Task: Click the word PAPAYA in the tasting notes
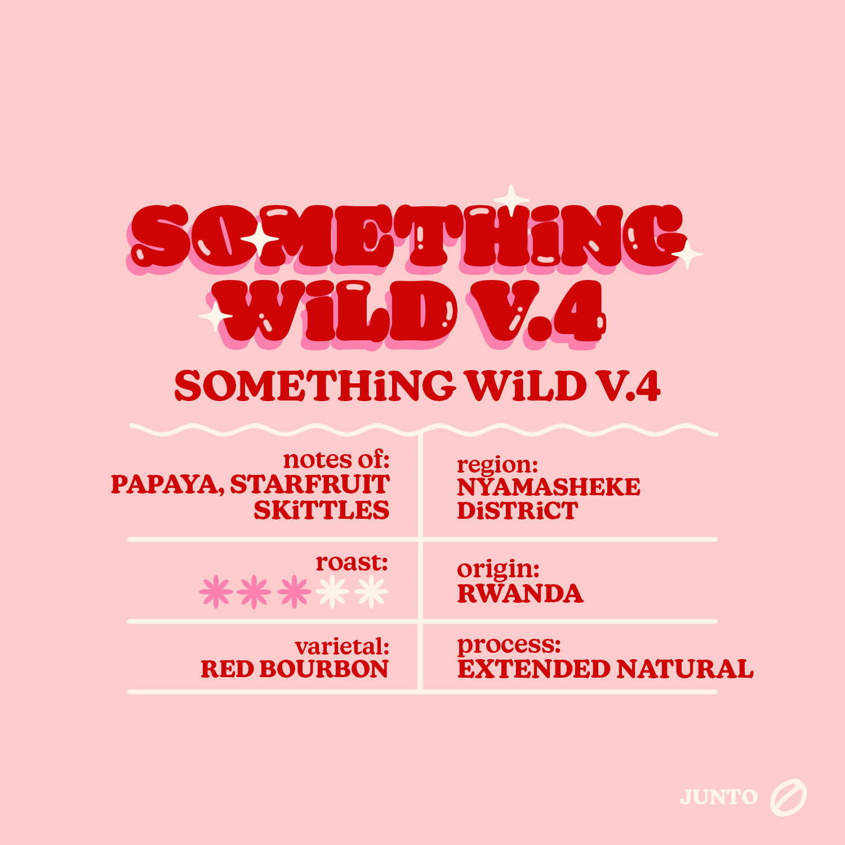click(167, 485)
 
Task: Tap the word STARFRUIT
click(310, 484)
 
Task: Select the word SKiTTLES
click(322, 510)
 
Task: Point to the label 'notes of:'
click(336, 460)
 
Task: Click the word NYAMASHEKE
click(549, 487)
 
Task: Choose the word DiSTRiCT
click(518, 511)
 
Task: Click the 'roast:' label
click(352, 562)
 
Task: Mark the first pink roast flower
click(216, 592)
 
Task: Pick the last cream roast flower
click(371, 592)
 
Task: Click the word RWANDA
click(520, 594)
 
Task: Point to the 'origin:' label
click(498, 570)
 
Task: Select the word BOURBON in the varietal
click(324, 669)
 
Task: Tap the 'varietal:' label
click(342, 646)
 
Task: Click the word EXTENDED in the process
click(533, 669)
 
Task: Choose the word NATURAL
click(685, 669)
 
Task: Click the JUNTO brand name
click(719, 797)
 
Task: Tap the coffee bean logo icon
click(789, 798)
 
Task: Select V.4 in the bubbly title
click(538, 312)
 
